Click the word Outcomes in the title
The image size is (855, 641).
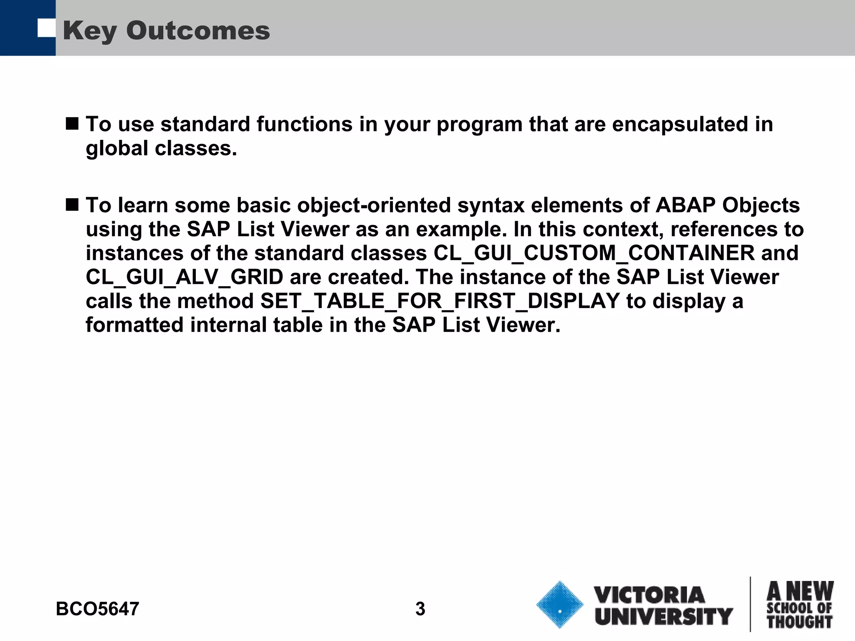[x=198, y=31]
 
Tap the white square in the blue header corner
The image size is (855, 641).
[x=46, y=28]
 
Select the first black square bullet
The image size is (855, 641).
[x=72, y=124]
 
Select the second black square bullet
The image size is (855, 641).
[x=72, y=205]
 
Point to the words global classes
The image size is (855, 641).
[x=161, y=149]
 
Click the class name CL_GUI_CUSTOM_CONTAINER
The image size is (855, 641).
[x=594, y=253]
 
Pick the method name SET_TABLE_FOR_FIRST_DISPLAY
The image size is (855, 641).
[x=440, y=301]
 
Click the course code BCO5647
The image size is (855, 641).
[x=97, y=609]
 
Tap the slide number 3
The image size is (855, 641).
[x=420, y=609]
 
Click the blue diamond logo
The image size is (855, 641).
[x=560, y=604]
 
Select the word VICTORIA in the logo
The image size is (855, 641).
[x=650, y=595]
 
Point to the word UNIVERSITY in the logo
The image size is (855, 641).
[x=664, y=616]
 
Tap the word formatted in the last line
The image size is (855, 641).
[x=134, y=325]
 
